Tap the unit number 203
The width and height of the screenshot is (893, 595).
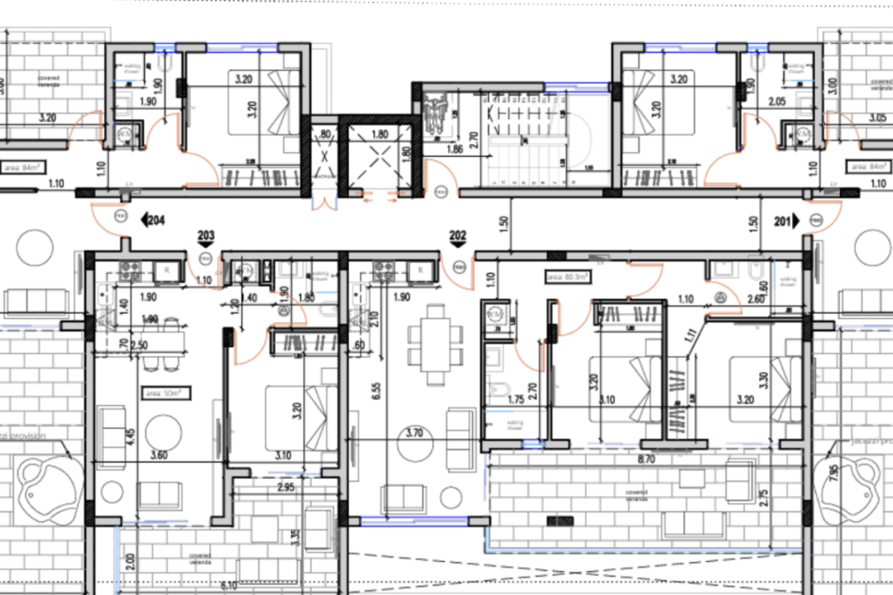click(206, 236)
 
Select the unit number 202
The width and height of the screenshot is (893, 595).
click(457, 236)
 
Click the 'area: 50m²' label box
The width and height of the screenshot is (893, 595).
click(165, 393)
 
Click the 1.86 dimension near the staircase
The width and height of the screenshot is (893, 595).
click(454, 150)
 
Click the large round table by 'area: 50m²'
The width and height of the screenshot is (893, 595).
click(165, 432)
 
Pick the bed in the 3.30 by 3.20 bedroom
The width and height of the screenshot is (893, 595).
click(765, 388)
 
